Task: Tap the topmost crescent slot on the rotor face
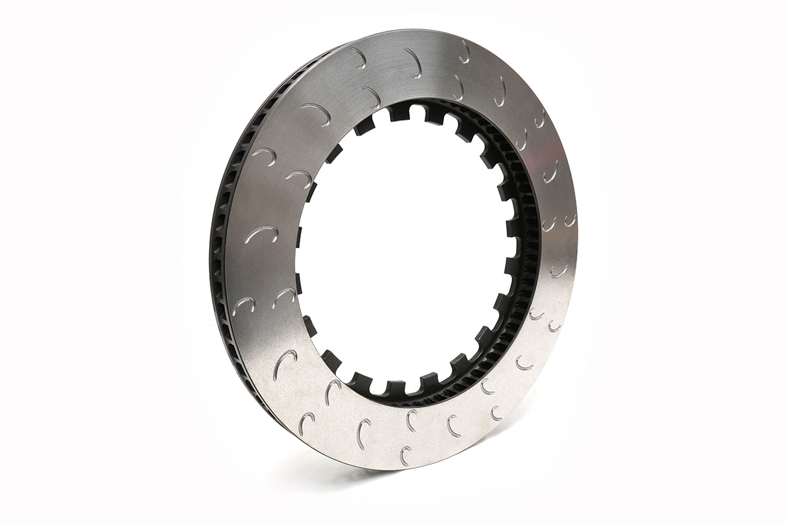tap(464, 51)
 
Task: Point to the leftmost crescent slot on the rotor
tap(244, 304)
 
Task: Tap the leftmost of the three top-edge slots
tap(357, 56)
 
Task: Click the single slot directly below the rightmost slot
tap(559, 270)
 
